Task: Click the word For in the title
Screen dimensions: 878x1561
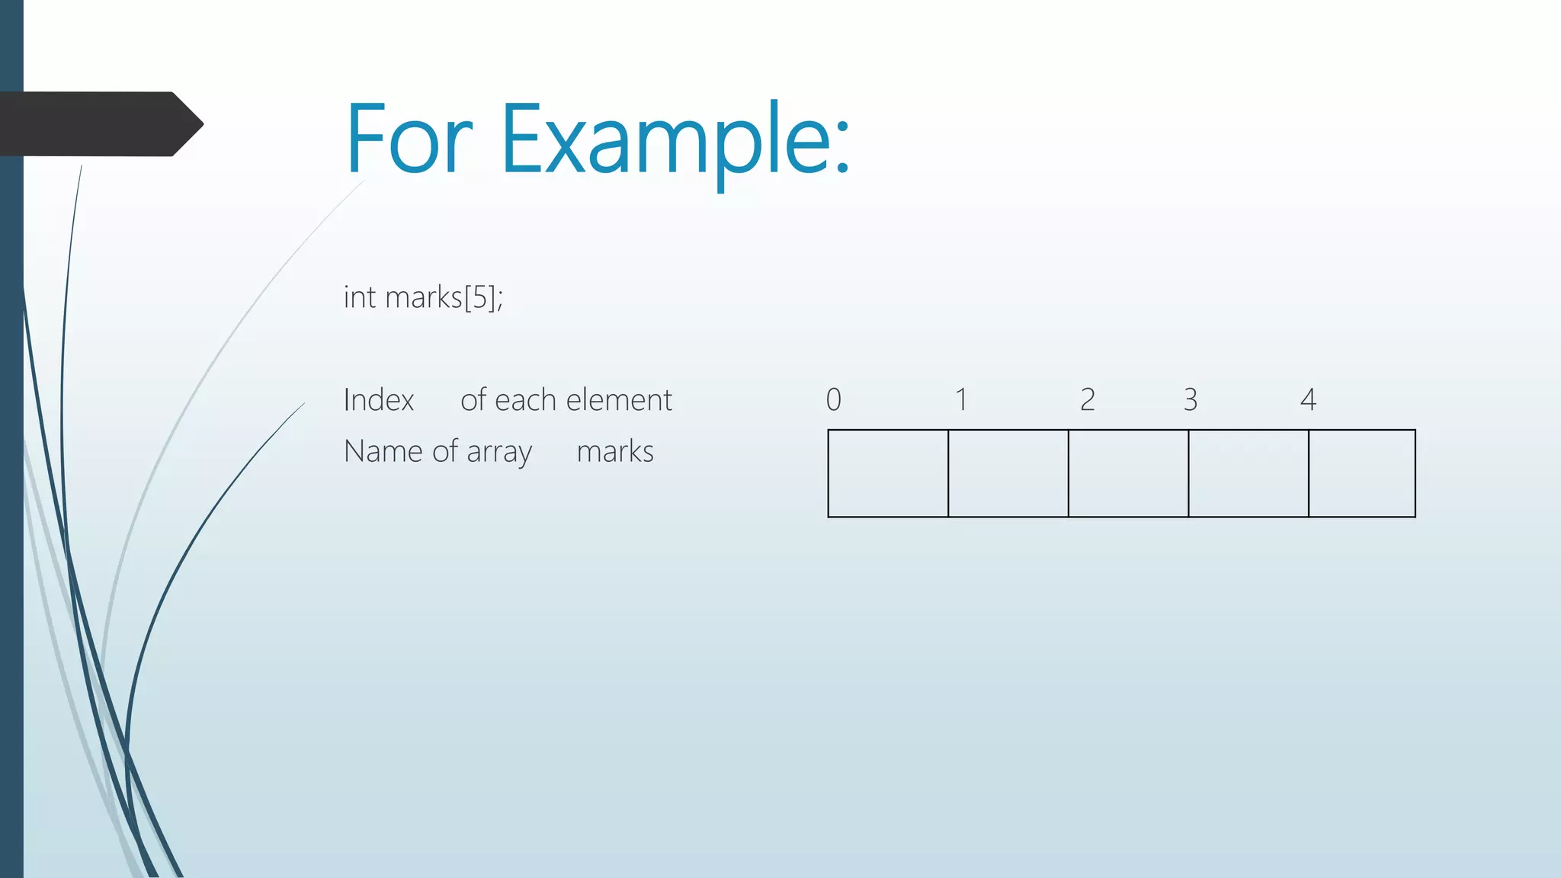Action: tap(409, 140)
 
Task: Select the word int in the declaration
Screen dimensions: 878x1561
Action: tap(360, 297)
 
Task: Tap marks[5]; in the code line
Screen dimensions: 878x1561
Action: tap(444, 297)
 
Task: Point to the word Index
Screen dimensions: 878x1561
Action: tap(379, 400)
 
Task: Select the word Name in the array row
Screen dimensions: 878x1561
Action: tap(383, 451)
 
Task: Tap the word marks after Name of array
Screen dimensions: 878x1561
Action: tap(615, 452)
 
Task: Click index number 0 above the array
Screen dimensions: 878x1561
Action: tap(834, 399)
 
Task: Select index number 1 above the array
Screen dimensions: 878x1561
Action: tap(962, 399)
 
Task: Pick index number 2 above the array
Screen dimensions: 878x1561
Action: tap(1088, 399)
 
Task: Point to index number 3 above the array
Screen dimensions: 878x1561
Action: tap(1191, 399)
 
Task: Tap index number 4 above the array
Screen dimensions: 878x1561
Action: tap(1308, 399)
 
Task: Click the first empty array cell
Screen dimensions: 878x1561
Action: tap(888, 473)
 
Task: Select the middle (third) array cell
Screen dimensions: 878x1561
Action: tap(1128, 473)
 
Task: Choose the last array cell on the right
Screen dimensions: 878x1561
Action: tap(1362, 473)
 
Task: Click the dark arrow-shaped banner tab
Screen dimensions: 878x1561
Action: tap(99, 124)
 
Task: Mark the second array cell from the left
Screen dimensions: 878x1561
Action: tap(1008, 473)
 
